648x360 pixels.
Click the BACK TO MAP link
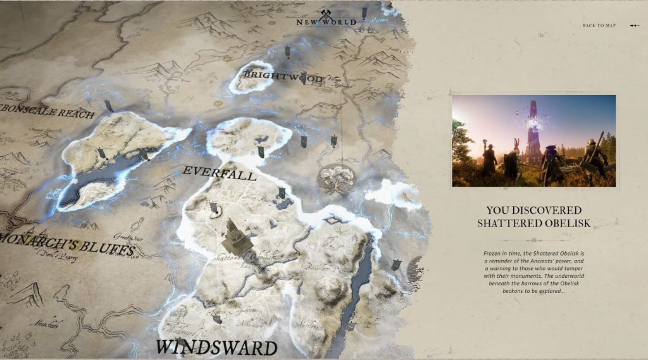click(x=599, y=26)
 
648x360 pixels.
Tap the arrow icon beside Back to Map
click(x=635, y=26)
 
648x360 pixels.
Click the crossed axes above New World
click(x=327, y=15)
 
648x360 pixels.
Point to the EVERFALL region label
click(x=219, y=173)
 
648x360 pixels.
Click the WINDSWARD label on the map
click(x=216, y=347)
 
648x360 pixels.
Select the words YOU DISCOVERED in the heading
click(x=533, y=209)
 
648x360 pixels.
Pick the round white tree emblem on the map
click(x=335, y=178)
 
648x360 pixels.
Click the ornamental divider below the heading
click(x=533, y=240)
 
